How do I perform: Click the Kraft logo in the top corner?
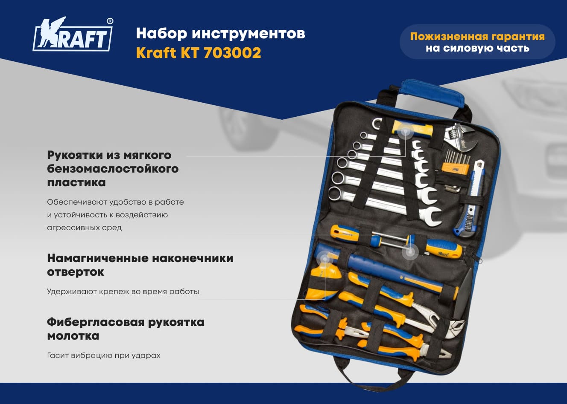(73, 35)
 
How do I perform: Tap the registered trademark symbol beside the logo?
(110, 21)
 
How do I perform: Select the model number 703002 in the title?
(232, 53)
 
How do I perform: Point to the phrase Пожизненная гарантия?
(477, 36)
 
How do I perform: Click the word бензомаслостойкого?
(113, 168)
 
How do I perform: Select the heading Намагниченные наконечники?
(140, 258)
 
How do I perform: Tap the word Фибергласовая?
(96, 323)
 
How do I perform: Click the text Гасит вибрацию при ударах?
(104, 356)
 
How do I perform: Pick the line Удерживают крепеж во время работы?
(123, 291)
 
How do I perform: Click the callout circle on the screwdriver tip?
(410, 251)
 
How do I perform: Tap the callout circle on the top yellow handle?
(405, 131)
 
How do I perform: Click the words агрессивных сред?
(85, 228)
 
